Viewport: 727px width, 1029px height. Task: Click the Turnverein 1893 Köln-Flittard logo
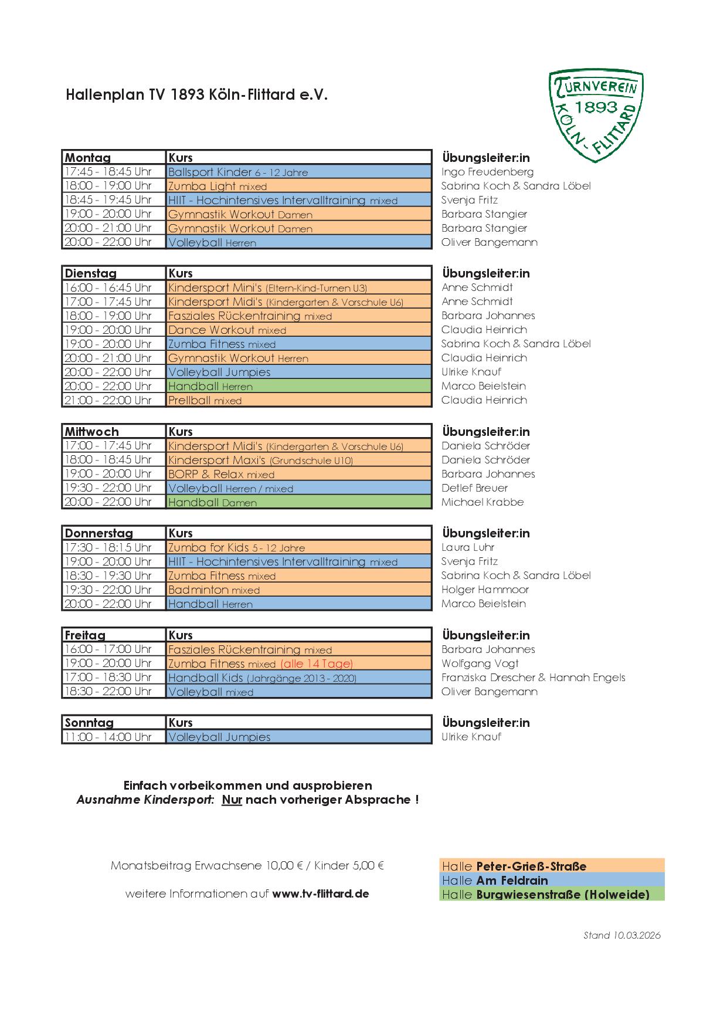596,116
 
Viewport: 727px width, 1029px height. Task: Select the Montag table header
88,158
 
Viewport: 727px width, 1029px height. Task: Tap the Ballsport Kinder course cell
298,172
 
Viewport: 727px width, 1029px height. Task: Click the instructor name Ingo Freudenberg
487,172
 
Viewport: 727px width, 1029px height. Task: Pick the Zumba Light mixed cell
298,186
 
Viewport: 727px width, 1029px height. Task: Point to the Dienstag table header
91,273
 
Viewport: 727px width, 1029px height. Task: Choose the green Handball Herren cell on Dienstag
298,386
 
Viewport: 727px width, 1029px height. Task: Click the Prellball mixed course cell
298,400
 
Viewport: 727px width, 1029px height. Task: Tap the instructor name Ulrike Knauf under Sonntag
471,737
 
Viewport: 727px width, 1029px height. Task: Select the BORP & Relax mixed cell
298,474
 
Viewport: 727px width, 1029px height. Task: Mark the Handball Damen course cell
298,502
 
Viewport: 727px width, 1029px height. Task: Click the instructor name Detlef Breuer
474,488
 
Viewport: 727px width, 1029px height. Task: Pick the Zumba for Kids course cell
298,547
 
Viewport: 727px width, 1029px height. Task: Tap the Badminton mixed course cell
298,590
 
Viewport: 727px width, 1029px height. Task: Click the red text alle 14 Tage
317,664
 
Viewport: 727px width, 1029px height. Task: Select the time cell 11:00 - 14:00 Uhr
108,737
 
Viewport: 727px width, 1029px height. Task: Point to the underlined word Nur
232,800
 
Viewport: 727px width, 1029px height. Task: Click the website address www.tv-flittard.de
320,894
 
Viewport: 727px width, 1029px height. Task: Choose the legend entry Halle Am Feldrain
551,881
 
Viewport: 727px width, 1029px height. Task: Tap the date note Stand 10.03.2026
621,935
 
